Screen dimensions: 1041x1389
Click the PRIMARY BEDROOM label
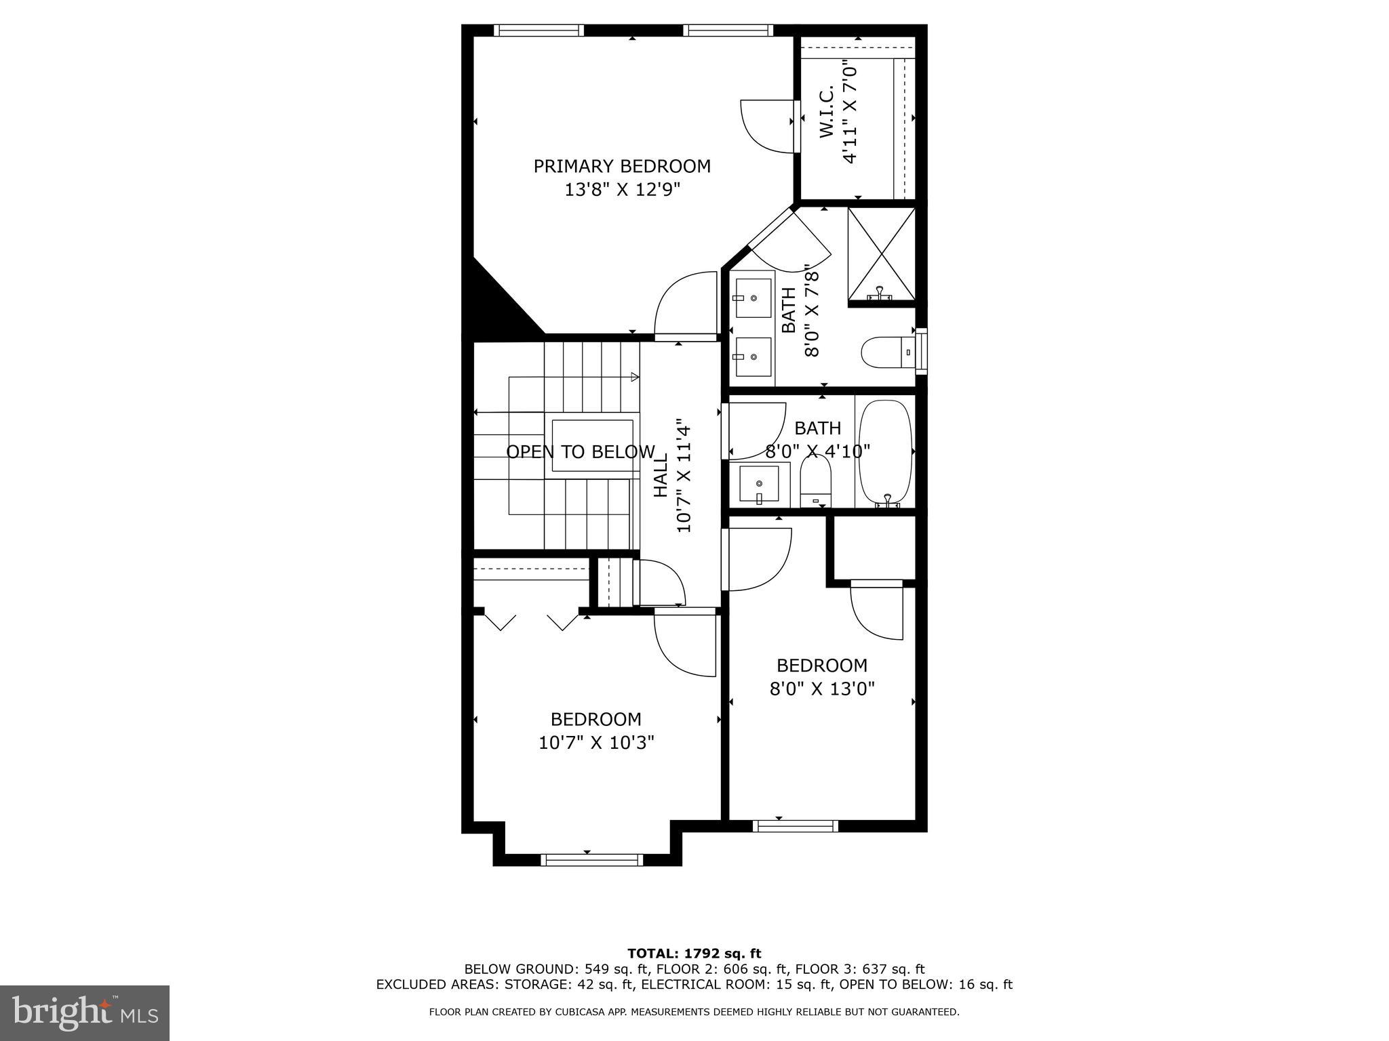622,167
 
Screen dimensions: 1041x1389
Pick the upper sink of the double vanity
752,298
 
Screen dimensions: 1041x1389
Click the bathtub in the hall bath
885,452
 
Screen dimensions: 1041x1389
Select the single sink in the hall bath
759,483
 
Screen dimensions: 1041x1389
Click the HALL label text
661,475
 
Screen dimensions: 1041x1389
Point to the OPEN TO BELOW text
581,452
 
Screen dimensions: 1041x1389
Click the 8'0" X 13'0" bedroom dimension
821,689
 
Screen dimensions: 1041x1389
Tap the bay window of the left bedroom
591,859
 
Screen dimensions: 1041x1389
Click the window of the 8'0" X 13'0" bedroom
796,825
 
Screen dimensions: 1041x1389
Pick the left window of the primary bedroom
539,30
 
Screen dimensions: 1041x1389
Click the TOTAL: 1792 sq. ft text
694,954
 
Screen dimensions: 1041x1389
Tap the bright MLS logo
85,1013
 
